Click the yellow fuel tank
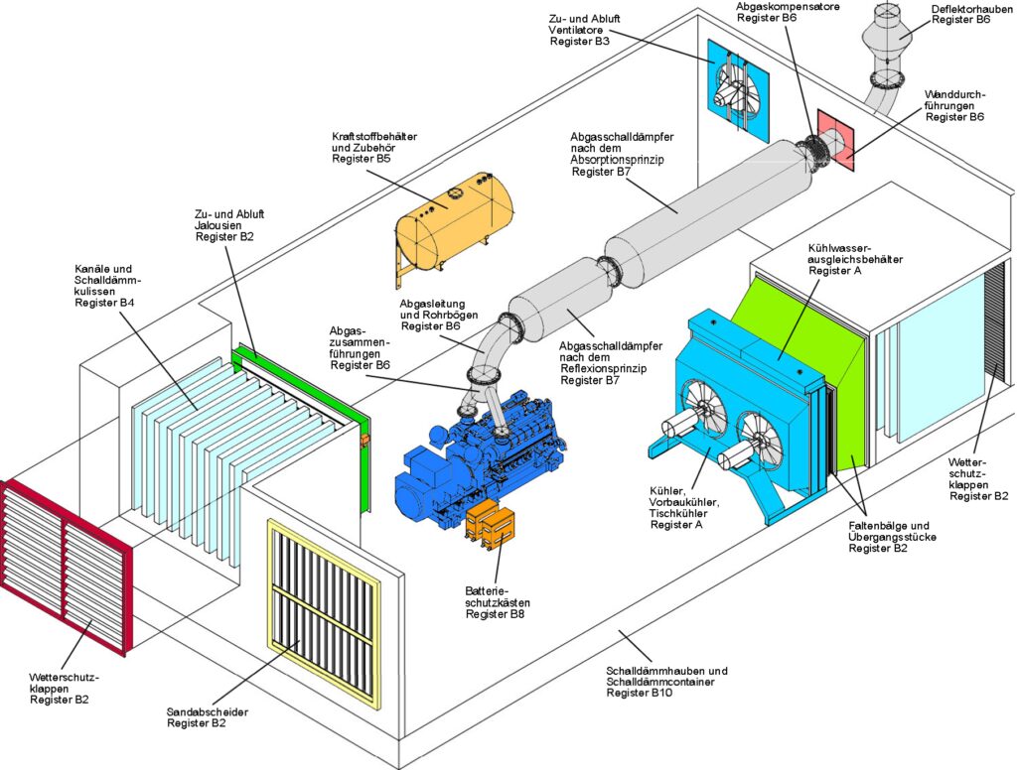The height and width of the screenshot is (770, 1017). click(455, 224)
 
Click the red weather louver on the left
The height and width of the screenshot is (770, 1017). click(62, 564)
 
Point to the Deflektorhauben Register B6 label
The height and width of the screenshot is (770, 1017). click(961, 15)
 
